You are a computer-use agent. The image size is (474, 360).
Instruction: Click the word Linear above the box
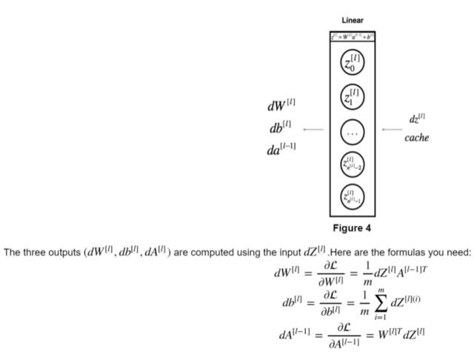tap(352, 20)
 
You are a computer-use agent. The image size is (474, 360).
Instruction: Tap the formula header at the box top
tap(353, 36)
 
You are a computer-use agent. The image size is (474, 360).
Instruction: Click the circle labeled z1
tap(353, 96)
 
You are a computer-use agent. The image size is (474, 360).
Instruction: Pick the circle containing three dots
tap(353, 132)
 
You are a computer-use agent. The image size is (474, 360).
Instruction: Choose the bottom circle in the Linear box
tap(353, 196)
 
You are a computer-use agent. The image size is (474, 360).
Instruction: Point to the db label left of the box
tap(280, 127)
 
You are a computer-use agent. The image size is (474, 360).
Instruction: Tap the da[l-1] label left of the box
tap(281, 149)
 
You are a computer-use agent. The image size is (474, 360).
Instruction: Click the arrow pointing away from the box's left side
tap(313, 130)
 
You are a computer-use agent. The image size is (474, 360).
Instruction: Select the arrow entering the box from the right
tap(392, 130)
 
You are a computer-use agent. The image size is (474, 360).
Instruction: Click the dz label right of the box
tap(417, 119)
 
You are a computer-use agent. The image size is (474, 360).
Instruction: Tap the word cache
tap(417, 138)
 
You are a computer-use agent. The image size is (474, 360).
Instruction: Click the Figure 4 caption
tap(352, 227)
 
